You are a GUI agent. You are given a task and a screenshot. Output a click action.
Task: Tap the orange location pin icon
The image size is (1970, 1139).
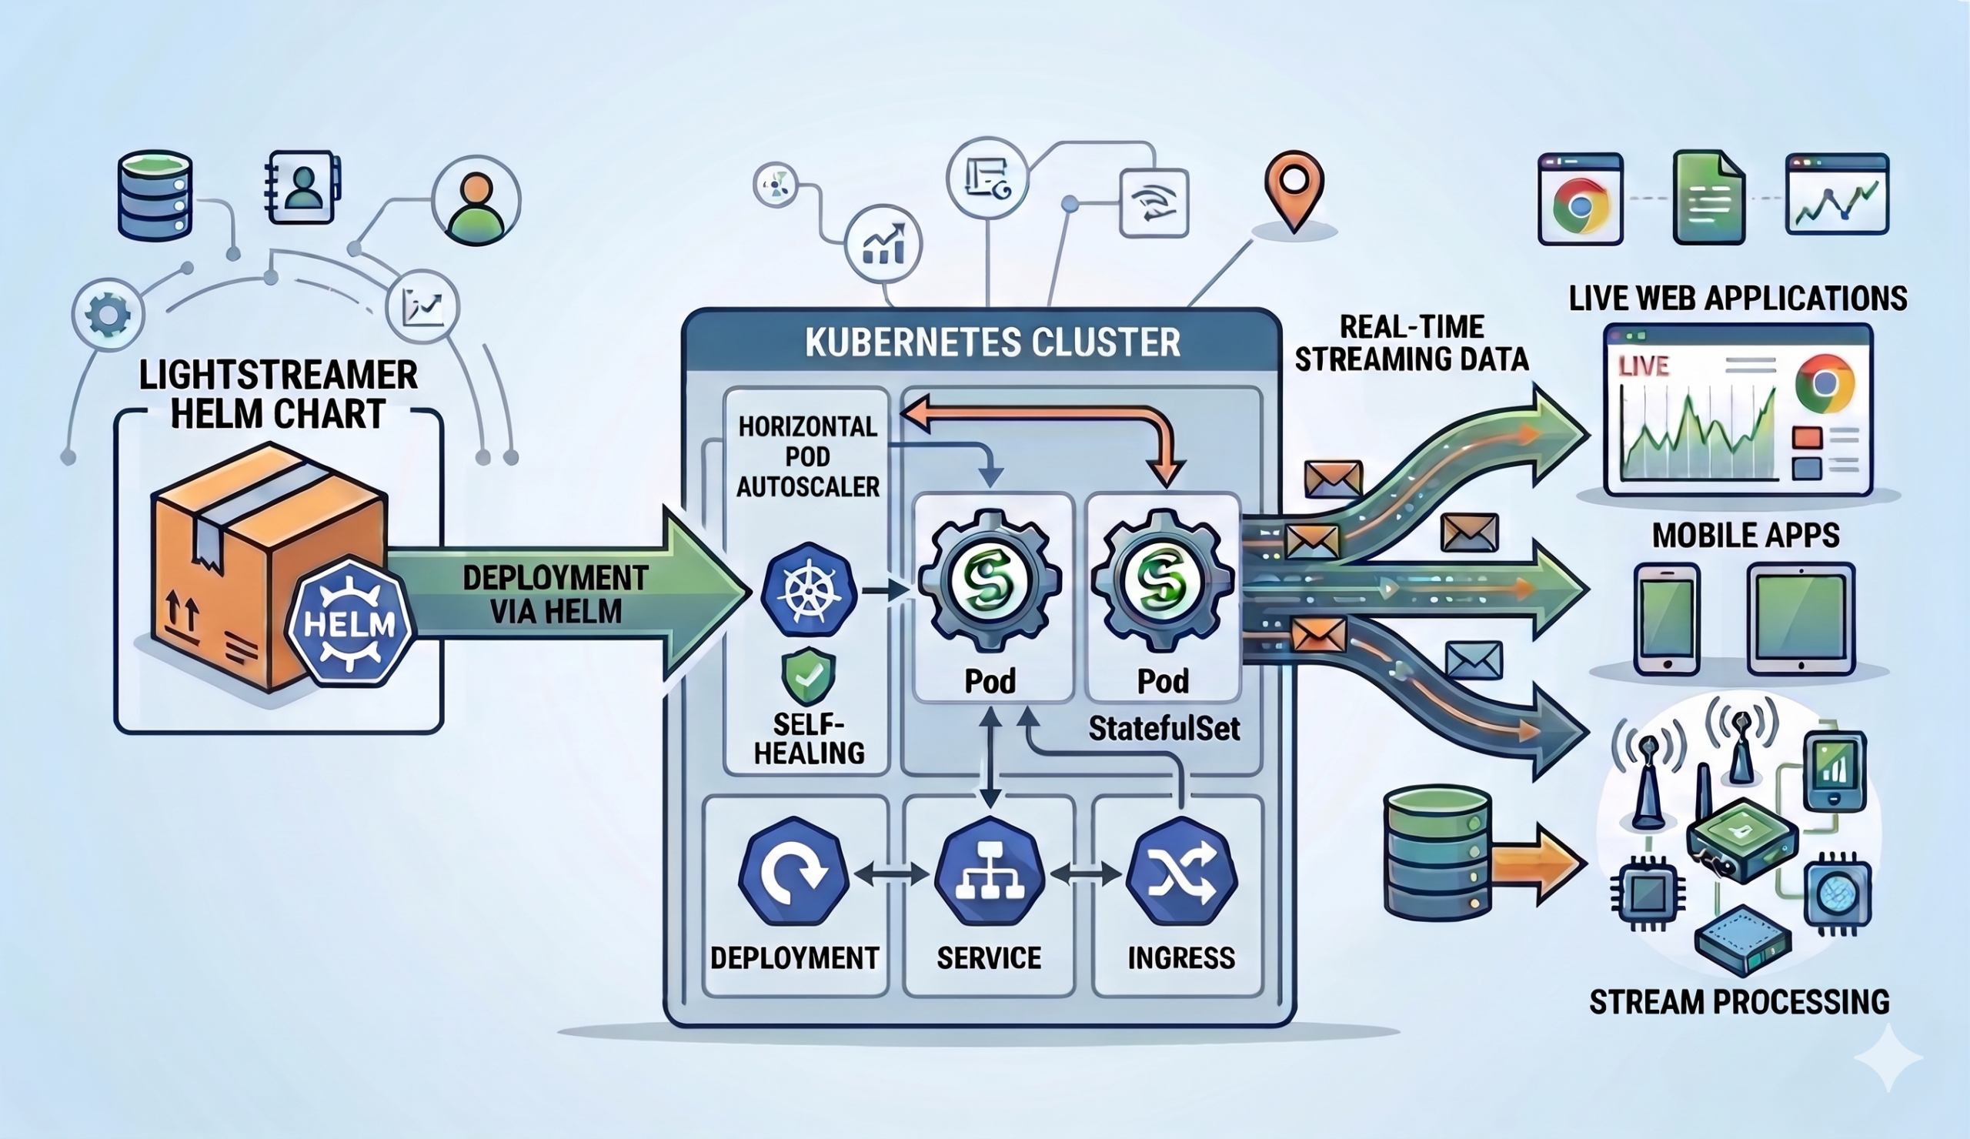pos(1294,188)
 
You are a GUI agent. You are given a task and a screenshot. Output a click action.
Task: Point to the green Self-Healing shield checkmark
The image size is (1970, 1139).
pos(807,676)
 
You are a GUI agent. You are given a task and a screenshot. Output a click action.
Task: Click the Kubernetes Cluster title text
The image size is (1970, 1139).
pos(992,343)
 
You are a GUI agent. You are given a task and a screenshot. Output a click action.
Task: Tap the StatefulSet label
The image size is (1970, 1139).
pos(1164,729)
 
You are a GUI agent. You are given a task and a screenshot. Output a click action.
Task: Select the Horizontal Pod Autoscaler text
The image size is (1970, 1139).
pos(807,456)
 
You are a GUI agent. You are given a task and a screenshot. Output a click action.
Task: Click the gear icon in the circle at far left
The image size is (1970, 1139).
pos(108,315)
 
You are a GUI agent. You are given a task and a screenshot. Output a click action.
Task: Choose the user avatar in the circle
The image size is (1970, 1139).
pos(476,202)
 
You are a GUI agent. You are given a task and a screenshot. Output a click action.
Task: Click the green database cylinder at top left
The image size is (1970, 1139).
pos(155,195)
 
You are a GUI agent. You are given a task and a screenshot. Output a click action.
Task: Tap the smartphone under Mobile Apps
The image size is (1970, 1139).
pos(1667,618)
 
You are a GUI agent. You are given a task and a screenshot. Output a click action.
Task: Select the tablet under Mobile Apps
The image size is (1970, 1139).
pos(1801,618)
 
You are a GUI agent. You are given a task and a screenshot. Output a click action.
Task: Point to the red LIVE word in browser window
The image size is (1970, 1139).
pos(1643,366)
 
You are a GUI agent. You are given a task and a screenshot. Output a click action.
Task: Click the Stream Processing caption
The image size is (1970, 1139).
pos(1738,1002)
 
